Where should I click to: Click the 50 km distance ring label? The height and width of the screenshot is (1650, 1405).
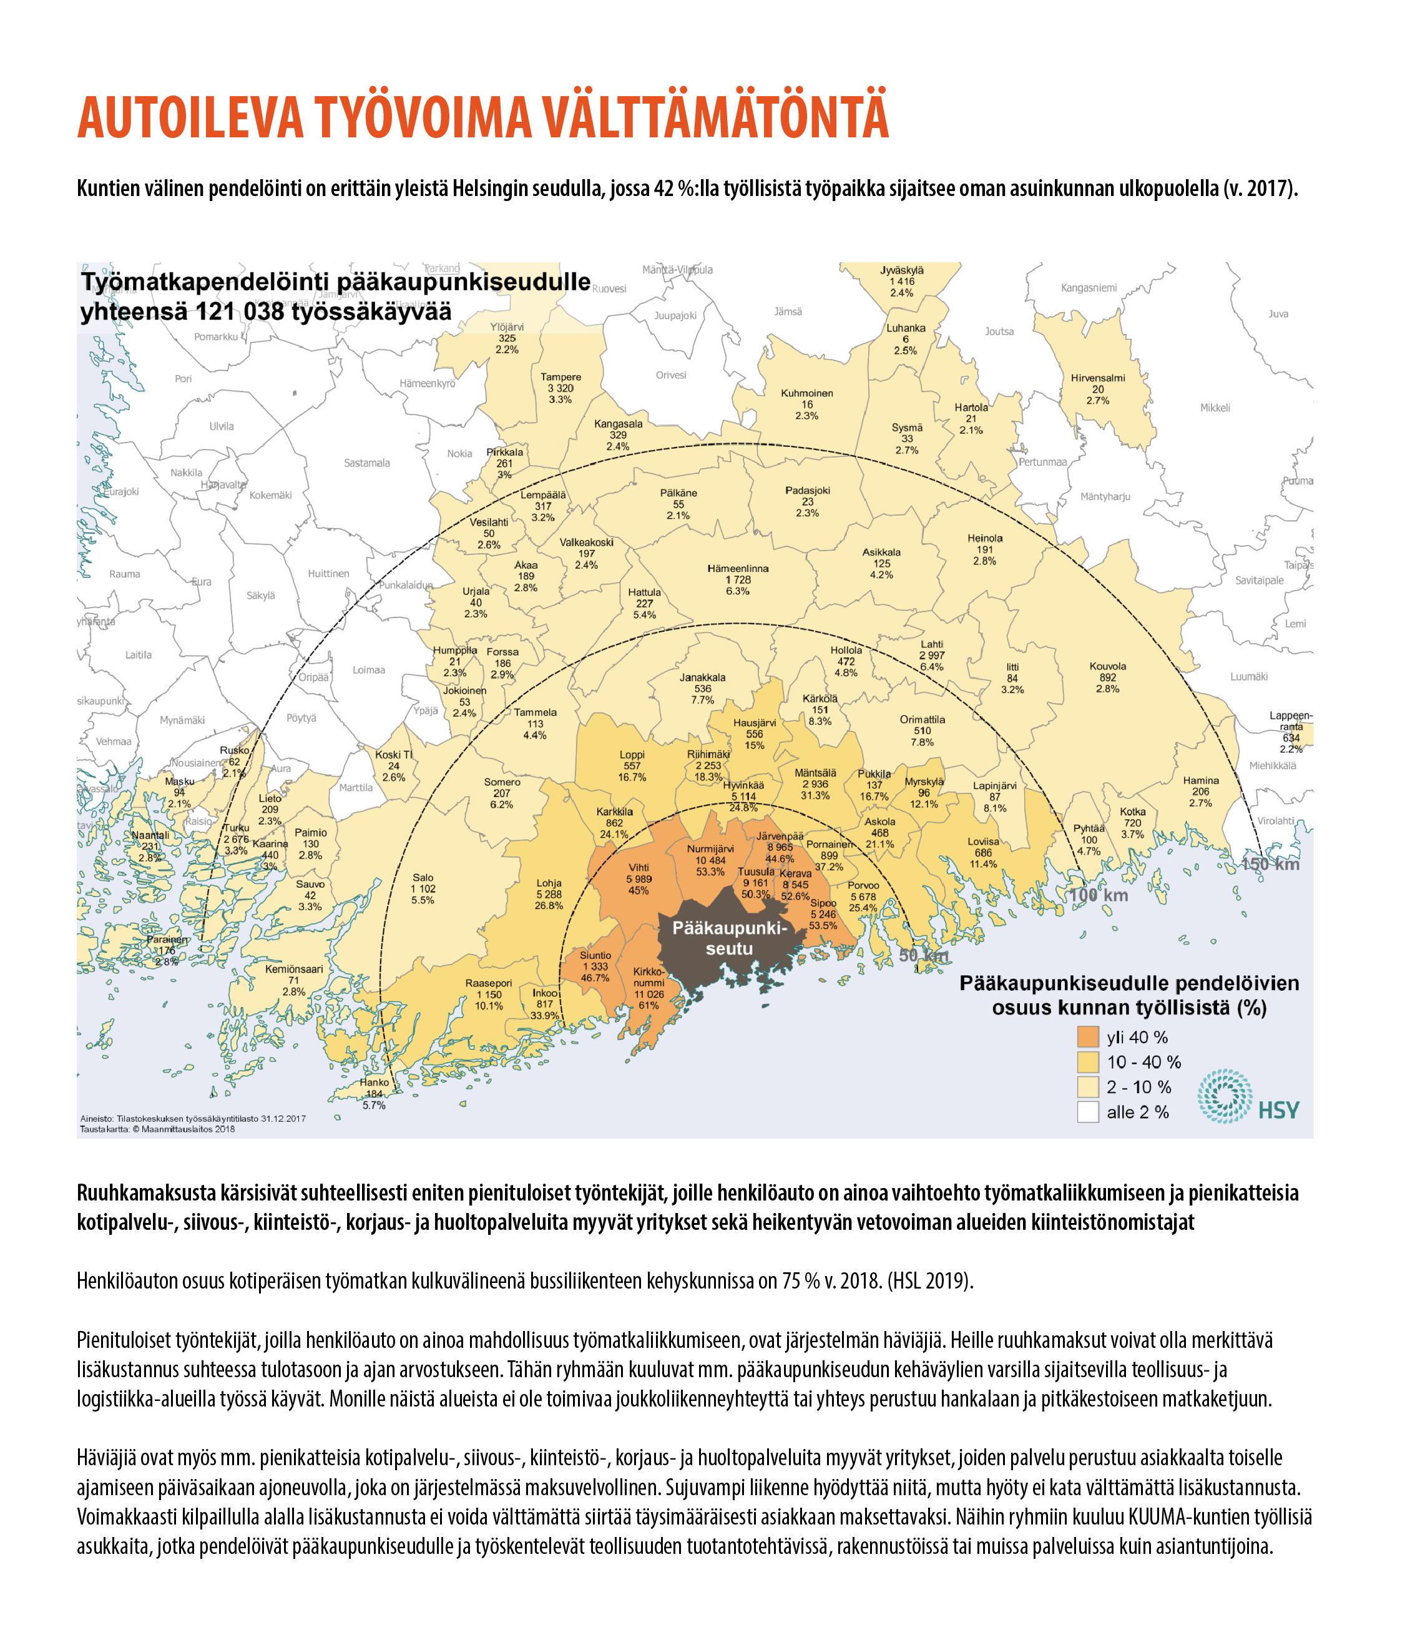pos(923,955)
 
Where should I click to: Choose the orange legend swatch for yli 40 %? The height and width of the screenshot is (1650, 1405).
pos(1087,1037)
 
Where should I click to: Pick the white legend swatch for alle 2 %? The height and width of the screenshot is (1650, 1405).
pos(1087,1112)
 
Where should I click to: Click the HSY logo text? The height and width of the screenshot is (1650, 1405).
pos(1278,1110)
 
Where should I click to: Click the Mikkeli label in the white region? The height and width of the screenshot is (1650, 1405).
pos(1215,408)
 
